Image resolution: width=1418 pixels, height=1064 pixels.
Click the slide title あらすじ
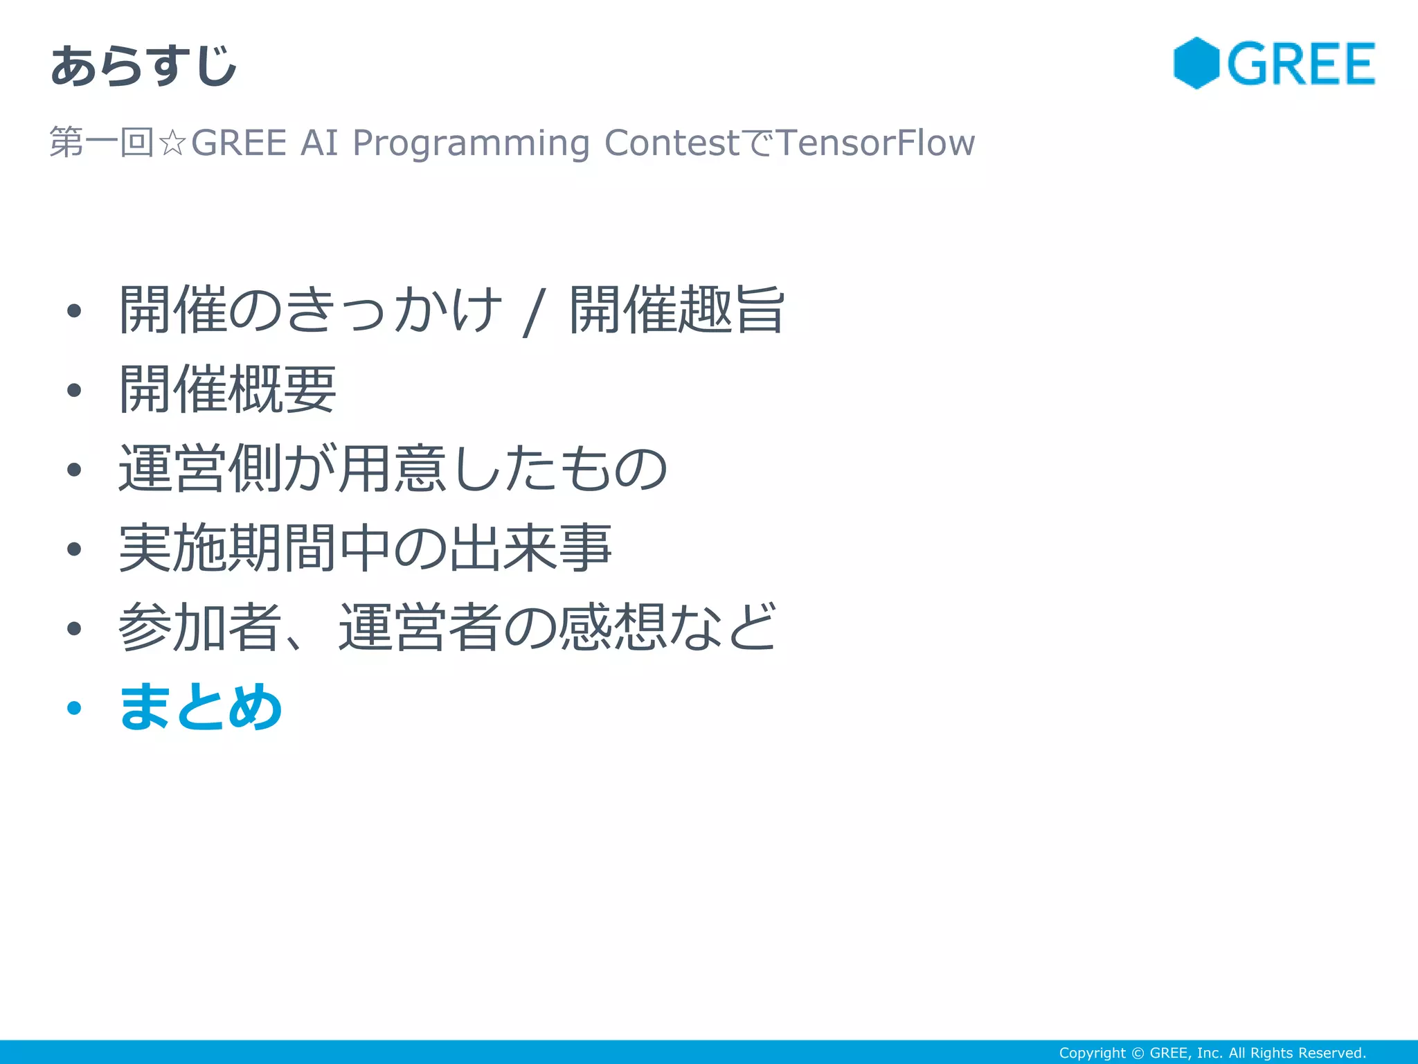pyautogui.click(x=143, y=66)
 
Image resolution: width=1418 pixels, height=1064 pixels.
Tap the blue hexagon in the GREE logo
pyautogui.click(x=1196, y=63)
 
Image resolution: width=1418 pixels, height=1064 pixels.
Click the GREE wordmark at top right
pyautogui.click(x=1301, y=64)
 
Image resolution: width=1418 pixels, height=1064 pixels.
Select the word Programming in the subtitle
pyautogui.click(x=471, y=143)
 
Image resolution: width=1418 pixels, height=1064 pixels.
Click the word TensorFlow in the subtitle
pyautogui.click(x=876, y=143)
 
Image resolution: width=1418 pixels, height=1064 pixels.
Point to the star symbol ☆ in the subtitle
pyautogui.click(x=172, y=143)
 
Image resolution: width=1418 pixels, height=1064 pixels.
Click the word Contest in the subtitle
pyautogui.click(x=672, y=143)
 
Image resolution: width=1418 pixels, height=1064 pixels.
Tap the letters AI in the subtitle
pyautogui.click(x=319, y=143)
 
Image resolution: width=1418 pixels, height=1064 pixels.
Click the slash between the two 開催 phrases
pyautogui.click(x=534, y=313)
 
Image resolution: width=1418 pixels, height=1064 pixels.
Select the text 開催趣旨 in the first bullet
pyautogui.click(x=676, y=310)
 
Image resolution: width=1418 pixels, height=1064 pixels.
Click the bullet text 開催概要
pyautogui.click(x=228, y=389)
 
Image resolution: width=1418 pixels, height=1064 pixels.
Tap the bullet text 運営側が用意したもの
pyautogui.click(x=393, y=469)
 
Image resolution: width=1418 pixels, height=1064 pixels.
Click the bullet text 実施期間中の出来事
pyautogui.click(x=365, y=548)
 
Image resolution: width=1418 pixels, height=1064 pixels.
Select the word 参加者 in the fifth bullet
pyautogui.click(x=199, y=627)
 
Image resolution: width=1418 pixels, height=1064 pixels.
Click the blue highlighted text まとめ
pyautogui.click(x=201, y=707)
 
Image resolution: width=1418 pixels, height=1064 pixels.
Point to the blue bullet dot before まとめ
pyautogui.click(x=74, y=708)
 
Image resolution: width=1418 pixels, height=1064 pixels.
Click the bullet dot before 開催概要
pyautogui.click(x=74, y=391)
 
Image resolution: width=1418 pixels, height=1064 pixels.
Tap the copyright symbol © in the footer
pyautogui.click(x=1138, y=1053)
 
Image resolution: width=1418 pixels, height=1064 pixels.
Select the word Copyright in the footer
pyautogui.click(x=1092, y=1053)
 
